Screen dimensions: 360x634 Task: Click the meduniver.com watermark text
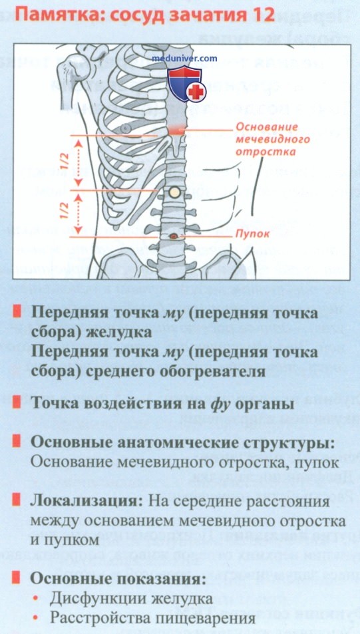[x=184, y=59]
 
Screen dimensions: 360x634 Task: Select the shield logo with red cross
[x=187, y=84]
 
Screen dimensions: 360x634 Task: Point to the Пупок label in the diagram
[x=252, y=235]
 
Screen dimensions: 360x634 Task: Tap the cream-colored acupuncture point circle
[x=175, y=192]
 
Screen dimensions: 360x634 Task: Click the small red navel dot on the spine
[x=174, y=236]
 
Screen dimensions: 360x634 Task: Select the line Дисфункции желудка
[x=132, y=599]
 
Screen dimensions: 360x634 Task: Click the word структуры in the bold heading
[x=292, y=444]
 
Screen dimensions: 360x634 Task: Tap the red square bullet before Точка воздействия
[x=17, y=402]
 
